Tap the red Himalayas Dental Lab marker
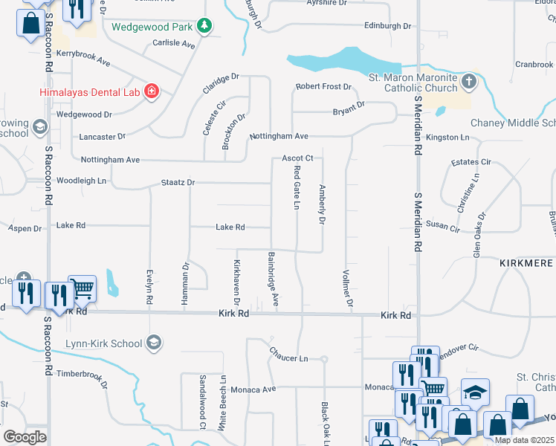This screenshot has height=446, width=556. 152,91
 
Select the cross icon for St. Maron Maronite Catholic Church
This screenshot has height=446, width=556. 468,80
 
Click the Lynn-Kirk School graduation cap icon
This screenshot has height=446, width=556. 154,343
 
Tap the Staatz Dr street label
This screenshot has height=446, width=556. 178,182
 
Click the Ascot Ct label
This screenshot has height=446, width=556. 297,158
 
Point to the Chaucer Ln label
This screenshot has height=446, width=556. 288,358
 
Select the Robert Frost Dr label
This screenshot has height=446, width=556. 323,87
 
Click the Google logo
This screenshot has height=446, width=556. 25,436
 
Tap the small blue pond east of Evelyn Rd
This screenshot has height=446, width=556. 111,282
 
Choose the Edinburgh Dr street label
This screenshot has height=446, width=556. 387,26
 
